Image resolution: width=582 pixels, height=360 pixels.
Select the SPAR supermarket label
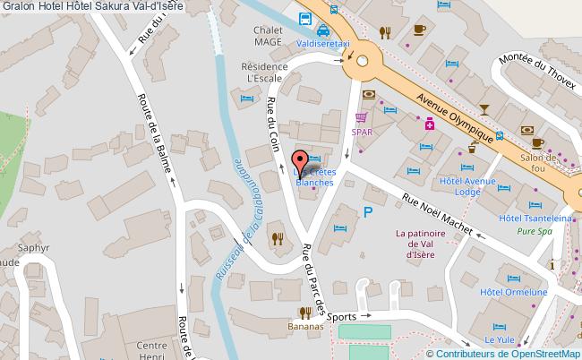(362, 132)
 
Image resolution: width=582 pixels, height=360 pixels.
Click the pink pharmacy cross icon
(430, 124)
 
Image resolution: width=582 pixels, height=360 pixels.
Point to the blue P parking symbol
(367, 212)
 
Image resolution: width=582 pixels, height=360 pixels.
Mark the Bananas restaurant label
(305, 327)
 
